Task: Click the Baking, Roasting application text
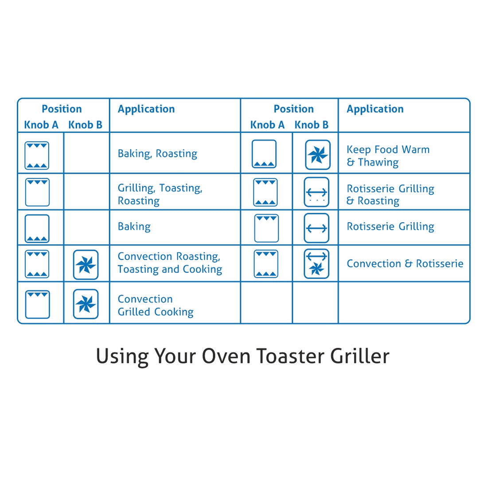click(x=157, y=154)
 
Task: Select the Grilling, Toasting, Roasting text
click(x=160, y=194)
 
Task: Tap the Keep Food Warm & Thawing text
click(x=388, y=156)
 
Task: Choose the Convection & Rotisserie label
click(x=405, y=264)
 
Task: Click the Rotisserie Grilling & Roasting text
click(x=390, y=195)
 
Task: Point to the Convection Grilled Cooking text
click(x=155, y=305)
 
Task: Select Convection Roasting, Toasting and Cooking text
click(x=170, y=263)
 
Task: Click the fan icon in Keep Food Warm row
click(x=318, y=155)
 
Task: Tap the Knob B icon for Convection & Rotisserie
click(x=316, y=264)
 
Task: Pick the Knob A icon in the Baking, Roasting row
click(x=37, y=156)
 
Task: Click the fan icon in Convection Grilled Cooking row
click(x=86, y=304)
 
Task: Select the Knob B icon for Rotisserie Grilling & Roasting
click(x=316, y=192)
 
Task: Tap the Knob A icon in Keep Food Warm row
click(x=264, y=154)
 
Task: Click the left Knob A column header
click(x=41, y=125)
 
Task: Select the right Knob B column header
click(x=312, y=125)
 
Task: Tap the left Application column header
click(x=146, y=109)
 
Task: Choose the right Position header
click(x=293, y=109)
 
